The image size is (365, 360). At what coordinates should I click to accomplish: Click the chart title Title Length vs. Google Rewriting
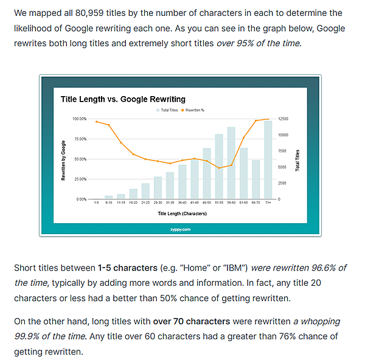[x=123, y=99]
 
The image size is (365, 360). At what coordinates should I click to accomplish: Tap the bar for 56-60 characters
[x=231, y=163]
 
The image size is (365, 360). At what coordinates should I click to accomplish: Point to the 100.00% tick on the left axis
[x=79, y=119]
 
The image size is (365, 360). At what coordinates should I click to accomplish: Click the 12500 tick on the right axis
[x=283, y=119]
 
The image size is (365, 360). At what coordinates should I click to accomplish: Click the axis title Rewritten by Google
[x=63, y=159]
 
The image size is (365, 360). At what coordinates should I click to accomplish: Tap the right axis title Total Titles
[x=297, y=159]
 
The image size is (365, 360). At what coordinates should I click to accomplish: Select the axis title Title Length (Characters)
[x=182, y=213]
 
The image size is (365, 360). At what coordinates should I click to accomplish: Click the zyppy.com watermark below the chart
[x=181, y=229]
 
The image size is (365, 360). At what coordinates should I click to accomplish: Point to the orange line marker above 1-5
[x=96, y=122]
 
